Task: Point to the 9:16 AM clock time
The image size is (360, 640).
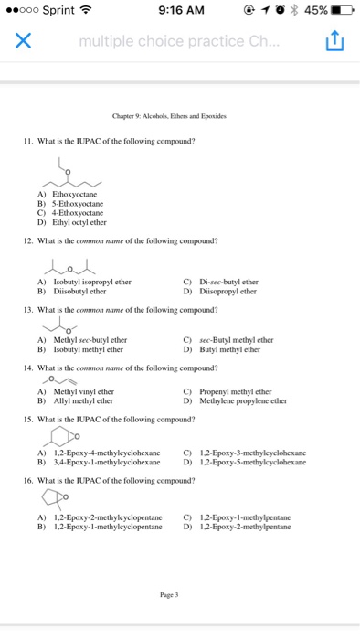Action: pos(180,12)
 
